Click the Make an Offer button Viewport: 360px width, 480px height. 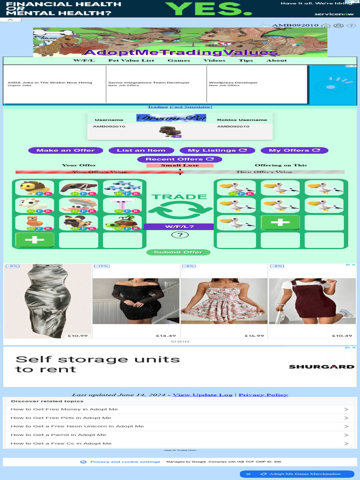pos(66,150)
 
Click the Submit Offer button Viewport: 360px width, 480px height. pos(178,252)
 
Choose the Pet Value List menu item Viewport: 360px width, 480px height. pos(131,60)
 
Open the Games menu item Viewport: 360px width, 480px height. pos(179,60)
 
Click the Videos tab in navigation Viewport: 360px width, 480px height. pos(214,60)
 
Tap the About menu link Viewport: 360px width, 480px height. pos(277,60)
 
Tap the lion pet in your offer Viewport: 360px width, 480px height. pos(35,188)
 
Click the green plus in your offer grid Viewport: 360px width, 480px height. pos(35,240)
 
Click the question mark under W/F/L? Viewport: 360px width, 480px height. pos(180,235)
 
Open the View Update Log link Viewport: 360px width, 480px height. pos(202,395)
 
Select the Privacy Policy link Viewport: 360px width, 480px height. pos(263,395)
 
